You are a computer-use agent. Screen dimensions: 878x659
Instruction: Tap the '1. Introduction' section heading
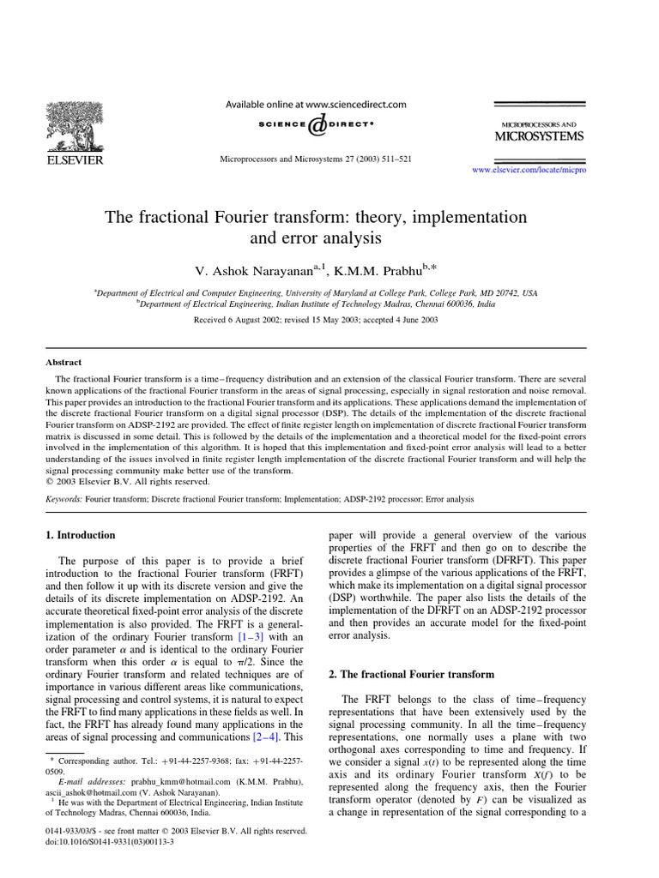pos(80,535)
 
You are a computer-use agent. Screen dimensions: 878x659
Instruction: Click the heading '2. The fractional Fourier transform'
pos(411,675)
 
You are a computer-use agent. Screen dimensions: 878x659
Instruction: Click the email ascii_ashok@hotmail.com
pos(87,793)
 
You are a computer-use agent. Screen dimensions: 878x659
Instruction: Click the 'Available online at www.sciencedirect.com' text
pos(316,105)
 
